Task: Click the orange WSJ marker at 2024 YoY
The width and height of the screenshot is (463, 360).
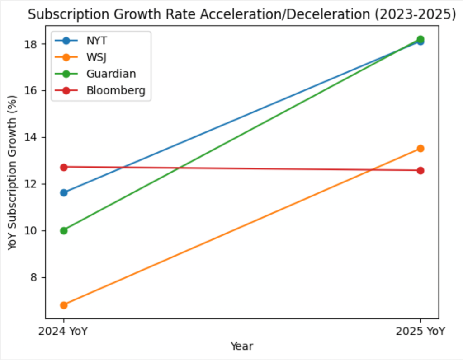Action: click(64, 305)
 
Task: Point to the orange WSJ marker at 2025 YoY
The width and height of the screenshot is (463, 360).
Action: click(420, 148)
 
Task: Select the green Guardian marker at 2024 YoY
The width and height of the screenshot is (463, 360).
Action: click(64, 230)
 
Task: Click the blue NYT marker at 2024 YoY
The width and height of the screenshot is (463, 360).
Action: click(64, 192)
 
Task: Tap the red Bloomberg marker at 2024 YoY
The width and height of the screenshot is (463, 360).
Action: click(64, 167)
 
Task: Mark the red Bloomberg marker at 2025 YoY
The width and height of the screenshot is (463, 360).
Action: click(420, 170)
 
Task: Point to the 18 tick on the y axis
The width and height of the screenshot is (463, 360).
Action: click(33, 44)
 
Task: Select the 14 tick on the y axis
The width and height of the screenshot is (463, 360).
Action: click(33, 137)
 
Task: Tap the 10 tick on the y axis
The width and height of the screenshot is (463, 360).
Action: click(33, 231)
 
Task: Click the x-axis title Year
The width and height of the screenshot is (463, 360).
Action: click(242, 346)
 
